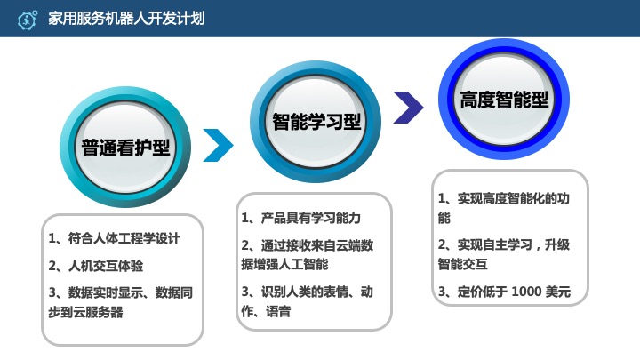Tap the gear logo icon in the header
point(27,17)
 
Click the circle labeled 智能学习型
point(316,121)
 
